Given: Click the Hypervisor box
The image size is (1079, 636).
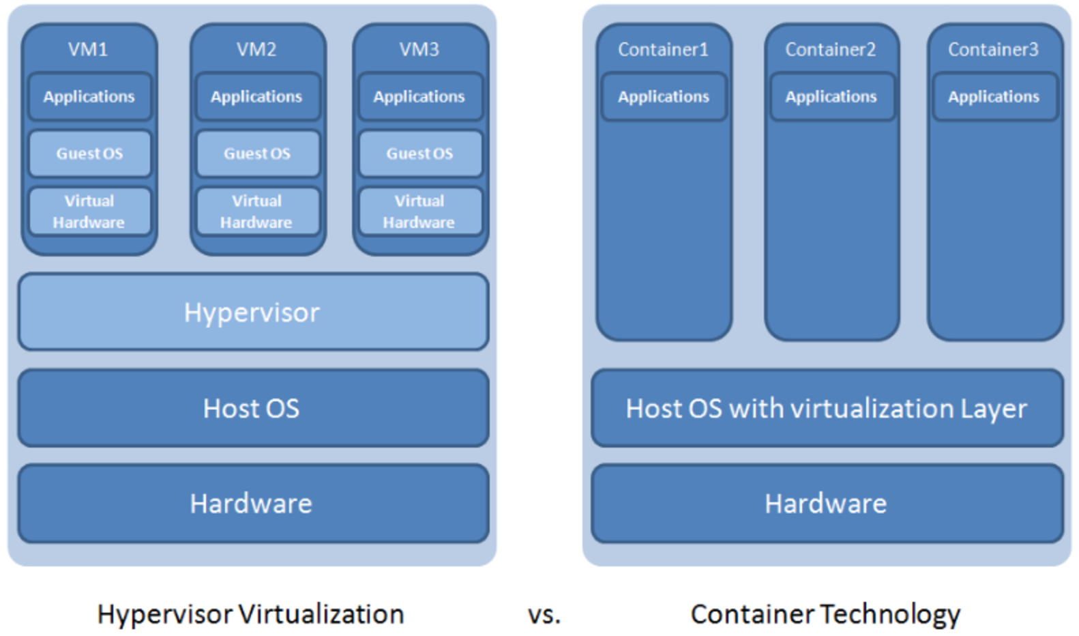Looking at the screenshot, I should tap(253, 312).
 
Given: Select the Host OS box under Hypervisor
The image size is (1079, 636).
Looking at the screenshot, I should tap(253, 408).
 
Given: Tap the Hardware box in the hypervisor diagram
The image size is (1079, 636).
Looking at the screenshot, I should tap(253, 504).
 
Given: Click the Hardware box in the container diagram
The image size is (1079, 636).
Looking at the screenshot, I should tap(827, 504).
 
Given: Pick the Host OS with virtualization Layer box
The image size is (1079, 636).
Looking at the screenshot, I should tap(827, 408).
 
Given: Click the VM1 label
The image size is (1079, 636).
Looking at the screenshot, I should tap(88, 49).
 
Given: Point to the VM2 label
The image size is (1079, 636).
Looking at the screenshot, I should tap(256, 49).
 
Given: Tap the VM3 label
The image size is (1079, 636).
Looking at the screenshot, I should tap(419, 49).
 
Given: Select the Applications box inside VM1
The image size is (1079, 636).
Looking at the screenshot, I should tap(89, 97).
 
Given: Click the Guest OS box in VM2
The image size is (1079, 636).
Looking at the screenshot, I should tap(257, 154).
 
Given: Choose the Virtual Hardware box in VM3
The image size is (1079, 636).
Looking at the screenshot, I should tap(419, 212).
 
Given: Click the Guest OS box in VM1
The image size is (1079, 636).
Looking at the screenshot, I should tap(89, 154).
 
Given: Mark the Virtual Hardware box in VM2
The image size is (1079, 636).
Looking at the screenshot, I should tap(257, 212).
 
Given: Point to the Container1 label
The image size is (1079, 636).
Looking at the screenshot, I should tap(663, 49).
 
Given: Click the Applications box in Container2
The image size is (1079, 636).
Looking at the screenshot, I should tap(831, 97).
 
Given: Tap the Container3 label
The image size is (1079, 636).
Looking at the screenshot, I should tap(993, 49).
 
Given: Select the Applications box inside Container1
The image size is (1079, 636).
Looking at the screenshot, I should tap(664, 97).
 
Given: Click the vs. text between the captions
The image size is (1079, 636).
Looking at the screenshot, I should tap(544, 615).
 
